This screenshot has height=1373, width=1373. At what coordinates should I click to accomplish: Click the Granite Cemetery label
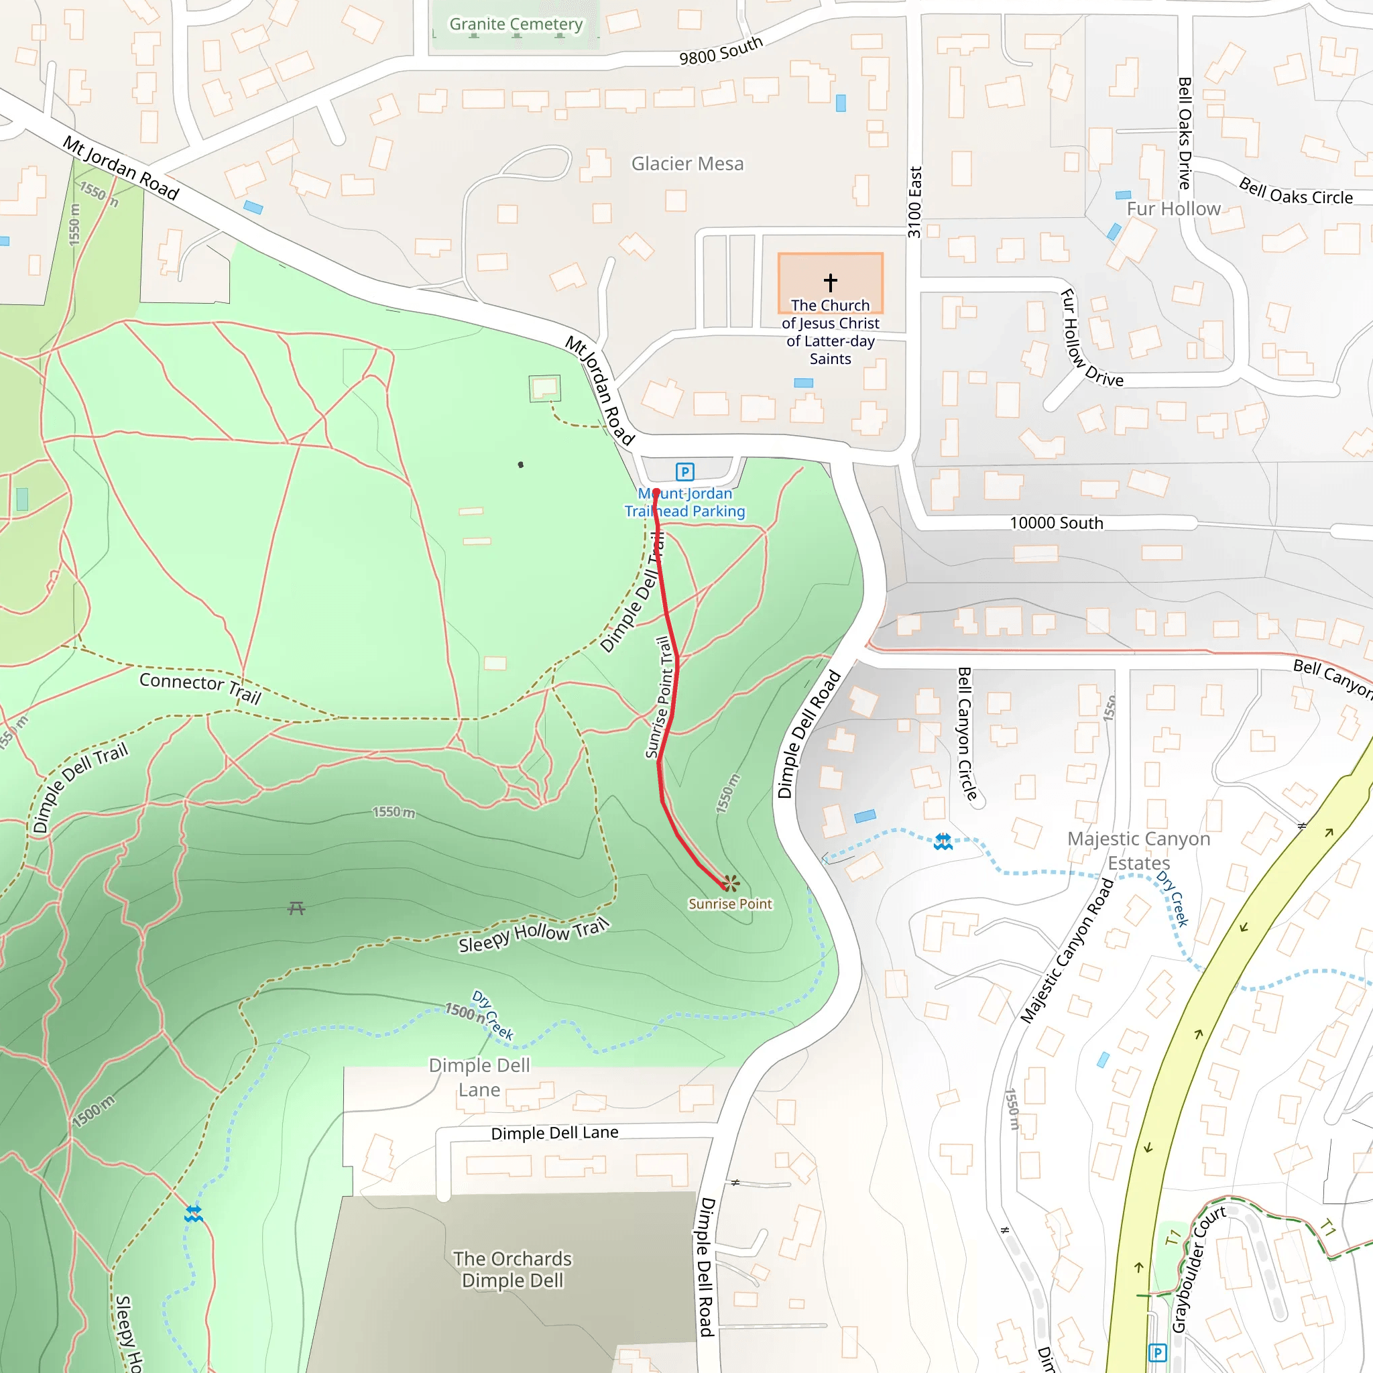[516, 24]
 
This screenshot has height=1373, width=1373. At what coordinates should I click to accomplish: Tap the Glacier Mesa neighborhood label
[687, 164]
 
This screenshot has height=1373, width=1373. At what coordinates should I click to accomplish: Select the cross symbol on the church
[830, 282]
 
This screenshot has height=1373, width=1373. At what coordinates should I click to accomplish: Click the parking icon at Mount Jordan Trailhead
[684, 471]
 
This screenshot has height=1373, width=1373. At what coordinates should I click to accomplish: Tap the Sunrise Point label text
[730, 904]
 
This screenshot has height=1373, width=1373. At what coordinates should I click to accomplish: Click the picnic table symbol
[296, 908]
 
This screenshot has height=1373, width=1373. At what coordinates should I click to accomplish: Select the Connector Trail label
[200, 686]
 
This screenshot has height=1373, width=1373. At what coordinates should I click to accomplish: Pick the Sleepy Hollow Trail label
[534, 935]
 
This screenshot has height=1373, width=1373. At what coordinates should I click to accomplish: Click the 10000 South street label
[1056, 523]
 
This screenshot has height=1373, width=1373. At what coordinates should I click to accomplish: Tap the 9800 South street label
[721, 50]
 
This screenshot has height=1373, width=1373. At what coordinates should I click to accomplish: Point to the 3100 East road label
[914, 202]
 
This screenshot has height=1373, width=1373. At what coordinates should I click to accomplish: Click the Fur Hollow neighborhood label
[1173, 209]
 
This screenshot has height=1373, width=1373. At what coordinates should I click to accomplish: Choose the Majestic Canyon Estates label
[1138, 851]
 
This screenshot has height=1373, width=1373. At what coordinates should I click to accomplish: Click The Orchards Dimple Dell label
[512, 1269]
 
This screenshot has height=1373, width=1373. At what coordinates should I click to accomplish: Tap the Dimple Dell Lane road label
[554, 1133]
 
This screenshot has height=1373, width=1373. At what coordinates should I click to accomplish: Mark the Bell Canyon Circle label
[967, 733]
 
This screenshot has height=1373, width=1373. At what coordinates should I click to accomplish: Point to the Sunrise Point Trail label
[659, 697]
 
